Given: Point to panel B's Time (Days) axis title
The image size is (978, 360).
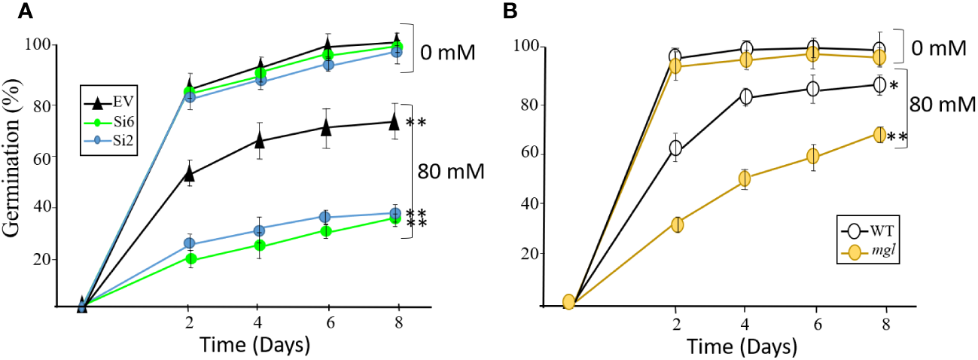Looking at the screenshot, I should [742, 346].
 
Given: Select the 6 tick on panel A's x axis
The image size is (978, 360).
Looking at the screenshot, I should [326, 320].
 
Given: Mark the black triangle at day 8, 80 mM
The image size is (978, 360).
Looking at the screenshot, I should [395, 121].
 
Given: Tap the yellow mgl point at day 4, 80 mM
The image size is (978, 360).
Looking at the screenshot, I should [745, 178].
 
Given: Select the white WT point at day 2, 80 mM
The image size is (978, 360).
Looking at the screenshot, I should [676, 148].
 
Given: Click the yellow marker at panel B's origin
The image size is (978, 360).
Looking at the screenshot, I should [568, 302].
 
